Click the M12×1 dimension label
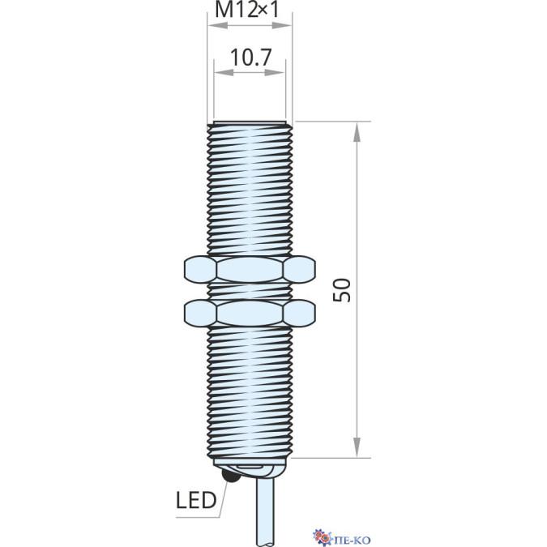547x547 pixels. (x=247, y=10)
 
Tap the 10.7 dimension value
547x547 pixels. (x=250, y=58)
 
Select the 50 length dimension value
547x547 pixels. (x=342, y=290)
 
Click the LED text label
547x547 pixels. (x=196, y=500)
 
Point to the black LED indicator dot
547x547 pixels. (x=230, y=475)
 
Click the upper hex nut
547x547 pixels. (x=250, y=269)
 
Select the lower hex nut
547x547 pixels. (x=250, y=314)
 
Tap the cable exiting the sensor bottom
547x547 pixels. (x=265, y=512)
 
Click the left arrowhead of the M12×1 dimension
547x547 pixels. (x=217, y=25)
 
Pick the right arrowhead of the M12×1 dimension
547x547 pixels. (x=282, y=25)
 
